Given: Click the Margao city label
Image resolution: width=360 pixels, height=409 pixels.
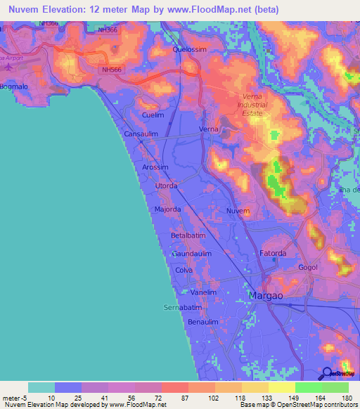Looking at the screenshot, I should (266, 297).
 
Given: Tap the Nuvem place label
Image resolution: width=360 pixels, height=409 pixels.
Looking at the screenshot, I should (239, 211).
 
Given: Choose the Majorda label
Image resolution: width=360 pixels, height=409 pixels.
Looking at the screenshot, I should (168, 209).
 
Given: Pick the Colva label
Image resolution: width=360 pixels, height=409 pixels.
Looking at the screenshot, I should (184, 270).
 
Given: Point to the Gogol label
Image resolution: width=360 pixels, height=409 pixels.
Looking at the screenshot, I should (308, 268).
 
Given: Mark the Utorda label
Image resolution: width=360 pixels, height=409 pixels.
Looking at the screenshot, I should (167, 186).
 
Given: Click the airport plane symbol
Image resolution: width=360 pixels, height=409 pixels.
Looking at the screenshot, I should (8, 66).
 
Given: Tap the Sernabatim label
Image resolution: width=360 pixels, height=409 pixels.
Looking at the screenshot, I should (183, 308).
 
